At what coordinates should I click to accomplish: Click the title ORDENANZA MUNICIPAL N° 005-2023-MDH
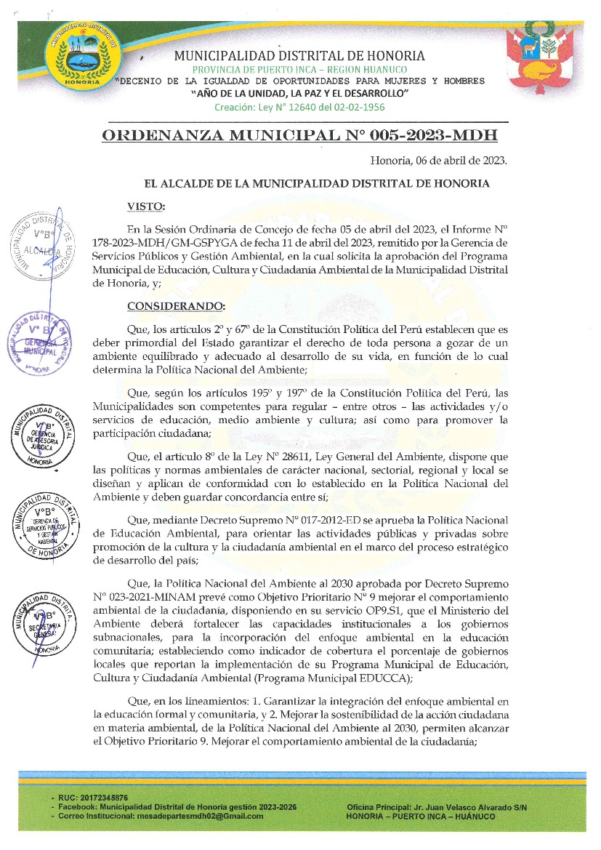(300, 136)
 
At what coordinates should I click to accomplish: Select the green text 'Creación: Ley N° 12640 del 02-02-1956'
(299, 107)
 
